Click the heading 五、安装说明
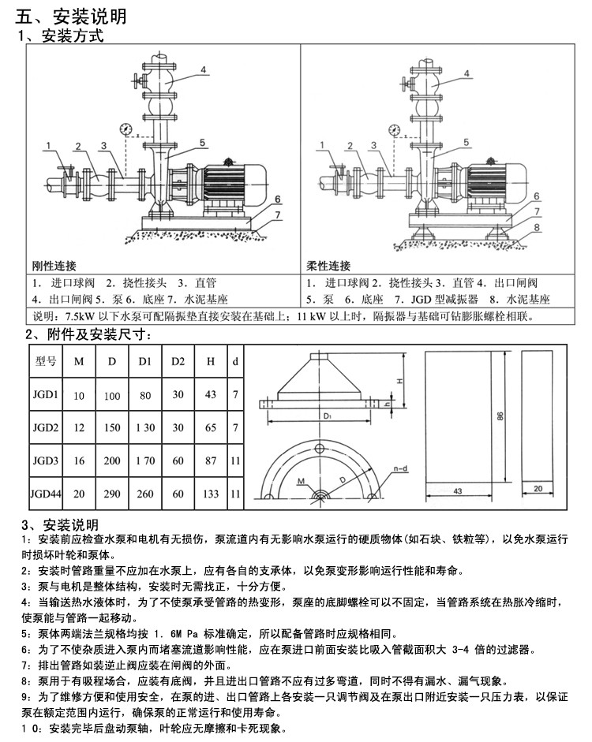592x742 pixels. click(71, 17)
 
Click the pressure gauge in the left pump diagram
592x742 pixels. click(126, 129)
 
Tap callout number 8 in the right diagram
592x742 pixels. click(537, 227)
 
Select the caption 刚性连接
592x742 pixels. click(54, 266)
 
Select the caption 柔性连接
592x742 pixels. click(328, 266)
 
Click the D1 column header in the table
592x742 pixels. click(145, 361)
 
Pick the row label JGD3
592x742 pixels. click(46, 460)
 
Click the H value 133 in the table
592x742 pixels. click(211, 494)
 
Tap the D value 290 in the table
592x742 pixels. click(112, 494)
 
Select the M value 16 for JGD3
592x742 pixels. click(79, 460)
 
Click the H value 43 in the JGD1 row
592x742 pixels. click(211, 395)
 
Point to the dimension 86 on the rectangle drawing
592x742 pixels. click(500, 416)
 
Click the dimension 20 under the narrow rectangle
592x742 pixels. click(538, 488)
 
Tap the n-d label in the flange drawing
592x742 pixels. click(401, 468)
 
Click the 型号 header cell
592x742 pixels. click(46, 361)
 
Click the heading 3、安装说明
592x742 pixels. click(60, 525)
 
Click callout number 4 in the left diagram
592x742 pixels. click(203, 70)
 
